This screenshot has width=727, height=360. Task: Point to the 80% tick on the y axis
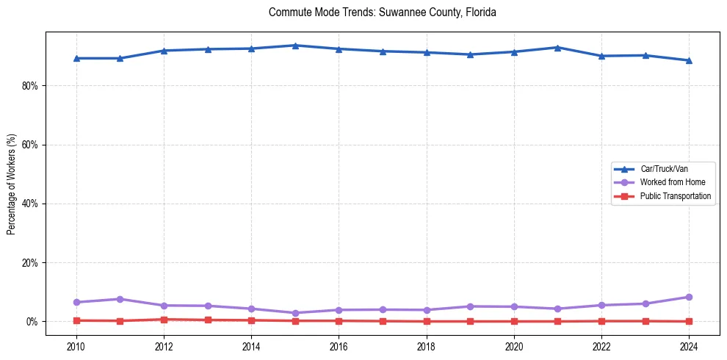pos(30,86)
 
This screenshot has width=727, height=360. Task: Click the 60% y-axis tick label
pos(30,145)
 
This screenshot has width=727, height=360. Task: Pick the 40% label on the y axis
pos(30,204)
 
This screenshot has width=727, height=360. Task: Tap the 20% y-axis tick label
pos(30,262)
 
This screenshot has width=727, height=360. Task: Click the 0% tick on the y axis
pos(32,322)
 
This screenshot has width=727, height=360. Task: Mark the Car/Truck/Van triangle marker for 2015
pos(294,46)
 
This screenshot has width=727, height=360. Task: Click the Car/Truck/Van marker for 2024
pos(689,60)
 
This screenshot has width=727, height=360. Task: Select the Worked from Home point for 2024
pos(689,297)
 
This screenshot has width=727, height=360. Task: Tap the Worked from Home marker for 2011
pos(120,299)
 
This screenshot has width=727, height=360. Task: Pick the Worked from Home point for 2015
pos(294,313)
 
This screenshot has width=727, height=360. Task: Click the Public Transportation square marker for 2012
pos(164,320)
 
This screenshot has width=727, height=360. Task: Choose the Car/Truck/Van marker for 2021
pos(557,48)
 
